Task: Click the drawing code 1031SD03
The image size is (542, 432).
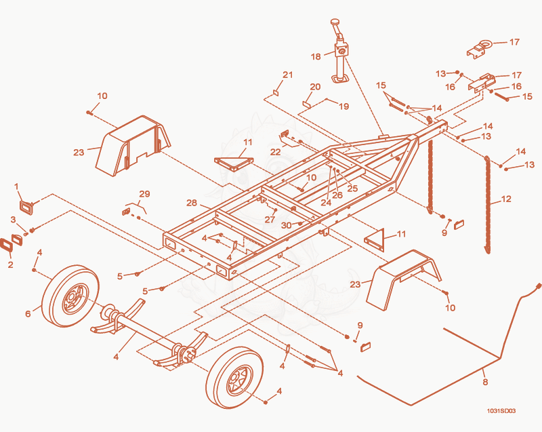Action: pos(501,411)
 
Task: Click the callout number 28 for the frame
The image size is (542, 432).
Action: pos(192,203)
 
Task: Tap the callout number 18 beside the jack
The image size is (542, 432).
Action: pos(316,56)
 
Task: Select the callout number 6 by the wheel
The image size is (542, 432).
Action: pos(28,314)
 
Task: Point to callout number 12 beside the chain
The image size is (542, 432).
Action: pos(505,199)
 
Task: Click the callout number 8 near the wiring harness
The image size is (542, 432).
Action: pos(485,382)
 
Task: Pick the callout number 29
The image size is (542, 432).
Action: pos(144,194)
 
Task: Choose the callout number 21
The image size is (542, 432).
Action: pos(287,75)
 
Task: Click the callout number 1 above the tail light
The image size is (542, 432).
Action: pos(16,186)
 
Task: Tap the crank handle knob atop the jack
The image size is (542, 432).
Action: pos(335,22)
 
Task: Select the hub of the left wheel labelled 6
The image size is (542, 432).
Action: pos(72,297)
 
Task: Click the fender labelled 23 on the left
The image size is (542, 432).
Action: pos(133,146)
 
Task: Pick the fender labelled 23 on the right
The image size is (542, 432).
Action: pos(404,280)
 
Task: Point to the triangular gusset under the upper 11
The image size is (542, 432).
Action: pos(234,163)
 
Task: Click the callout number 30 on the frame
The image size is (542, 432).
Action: pos(286,226)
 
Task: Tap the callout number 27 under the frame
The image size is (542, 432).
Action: pos(270,219)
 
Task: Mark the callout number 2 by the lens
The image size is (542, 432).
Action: pos(10,264)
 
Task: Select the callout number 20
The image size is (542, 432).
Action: pos(315,87)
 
